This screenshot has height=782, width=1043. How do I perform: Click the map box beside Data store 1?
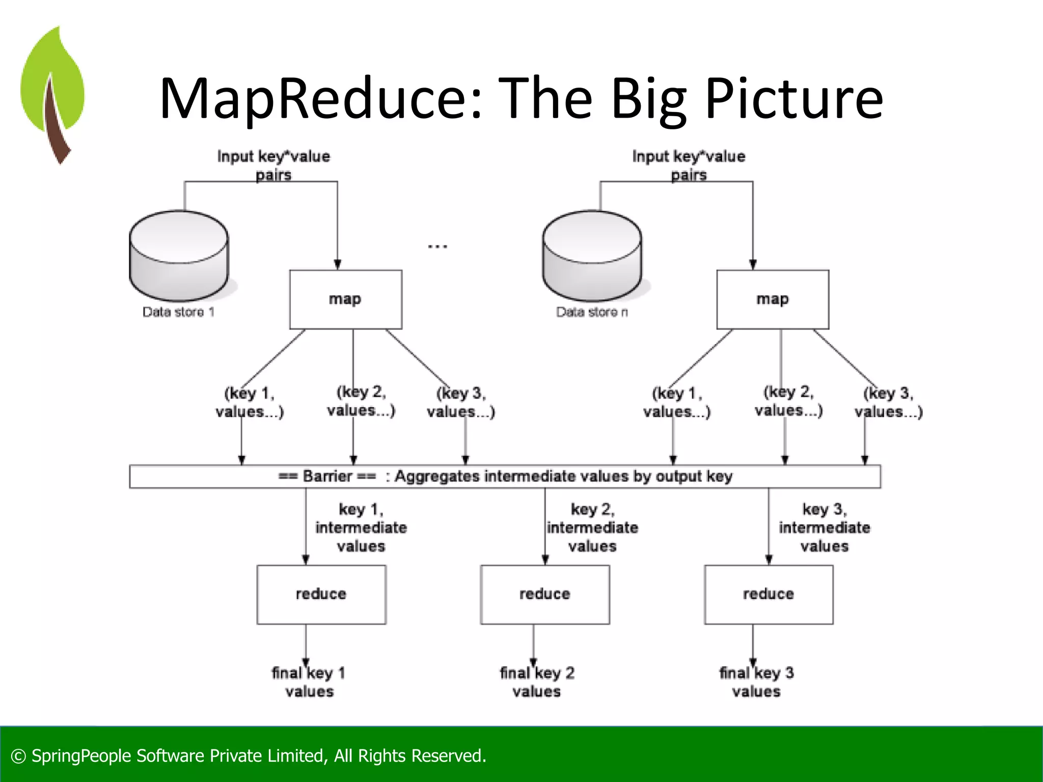[345, 299]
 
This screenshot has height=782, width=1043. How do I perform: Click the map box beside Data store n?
[772, 299]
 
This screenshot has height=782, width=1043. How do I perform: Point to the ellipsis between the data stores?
[437, 246]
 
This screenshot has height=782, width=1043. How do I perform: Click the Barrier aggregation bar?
[505, 477]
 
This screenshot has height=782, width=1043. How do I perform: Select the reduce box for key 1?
[321, 594]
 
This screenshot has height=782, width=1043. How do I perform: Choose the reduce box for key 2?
[544, 594]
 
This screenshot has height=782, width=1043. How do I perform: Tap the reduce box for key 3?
[768, 594]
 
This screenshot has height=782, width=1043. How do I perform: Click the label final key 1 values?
[309, 682]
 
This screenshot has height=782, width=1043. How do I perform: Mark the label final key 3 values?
[756, 682]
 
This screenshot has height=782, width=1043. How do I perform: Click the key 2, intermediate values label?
[592, 527]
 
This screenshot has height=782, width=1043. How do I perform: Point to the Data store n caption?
[592, 312]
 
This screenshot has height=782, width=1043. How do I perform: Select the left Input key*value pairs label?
[273, 165]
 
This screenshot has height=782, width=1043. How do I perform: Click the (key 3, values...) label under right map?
[888, 402]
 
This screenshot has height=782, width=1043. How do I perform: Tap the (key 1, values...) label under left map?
[249, 402]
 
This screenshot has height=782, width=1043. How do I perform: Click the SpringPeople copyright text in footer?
[249, 756]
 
